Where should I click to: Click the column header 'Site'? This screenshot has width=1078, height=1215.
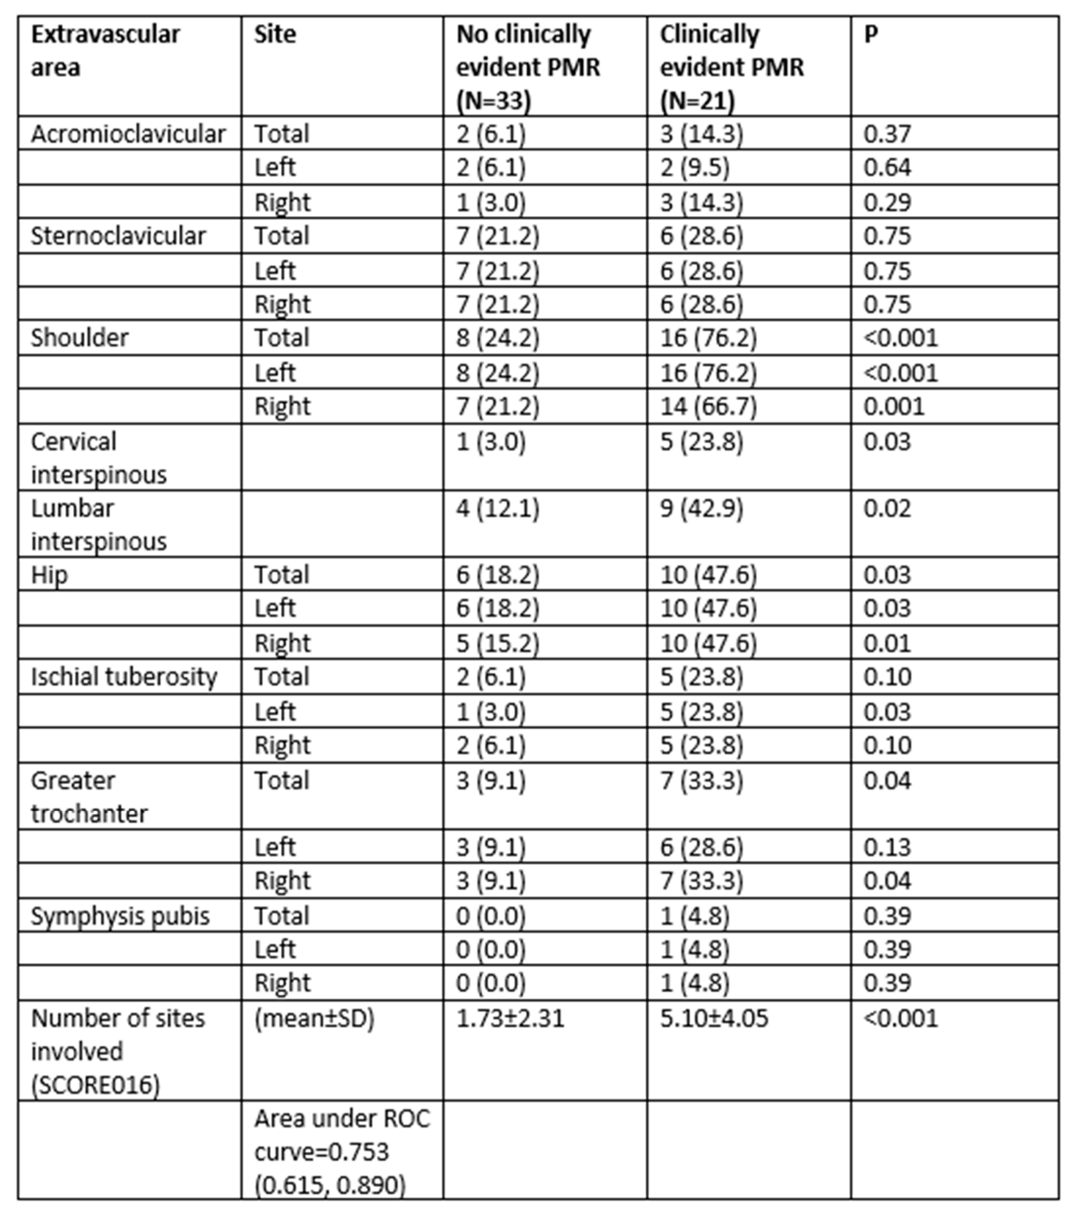tap(275, 35)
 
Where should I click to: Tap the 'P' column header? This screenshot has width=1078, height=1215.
tap(871, 35)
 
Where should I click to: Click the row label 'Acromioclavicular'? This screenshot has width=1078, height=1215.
tap(128, 134)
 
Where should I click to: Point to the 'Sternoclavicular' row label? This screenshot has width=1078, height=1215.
tap(118, 236)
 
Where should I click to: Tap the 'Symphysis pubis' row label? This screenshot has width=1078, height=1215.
tap(120, 916)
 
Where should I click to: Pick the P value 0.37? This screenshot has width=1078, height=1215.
tap(887, 134)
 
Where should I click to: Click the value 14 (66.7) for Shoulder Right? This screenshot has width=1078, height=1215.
tap(708, 407)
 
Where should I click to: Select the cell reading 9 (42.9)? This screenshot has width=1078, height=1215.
tap(701, 509)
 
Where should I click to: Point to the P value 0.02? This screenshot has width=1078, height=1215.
tap(887, 509)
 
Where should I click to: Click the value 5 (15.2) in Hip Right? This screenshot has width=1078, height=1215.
tap(497, 643)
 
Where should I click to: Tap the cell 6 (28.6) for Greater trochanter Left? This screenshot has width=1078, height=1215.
tap(701, 847)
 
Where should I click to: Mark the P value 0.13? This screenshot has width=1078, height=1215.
tap(887, 847)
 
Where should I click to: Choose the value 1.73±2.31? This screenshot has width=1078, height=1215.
tap(510, 1018)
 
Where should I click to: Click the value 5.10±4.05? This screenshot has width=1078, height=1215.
tap(714, 1018)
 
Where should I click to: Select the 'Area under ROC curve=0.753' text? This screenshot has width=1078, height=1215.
tap(342, 1135)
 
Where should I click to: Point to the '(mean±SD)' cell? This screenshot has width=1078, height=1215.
tap(314, 1018)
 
